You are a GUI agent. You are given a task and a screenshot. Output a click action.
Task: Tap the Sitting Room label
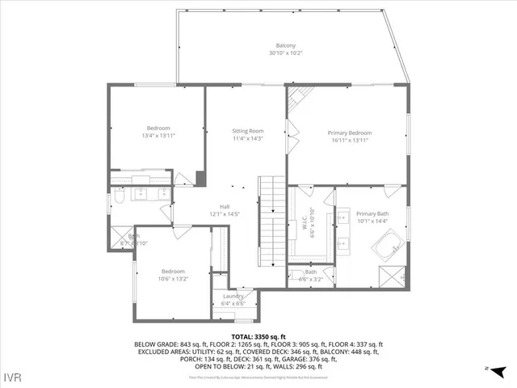248,130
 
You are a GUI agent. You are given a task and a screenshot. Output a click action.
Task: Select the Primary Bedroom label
349,133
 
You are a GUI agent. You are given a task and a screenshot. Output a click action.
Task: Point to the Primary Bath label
372,213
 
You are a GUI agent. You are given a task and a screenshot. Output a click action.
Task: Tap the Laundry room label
234,297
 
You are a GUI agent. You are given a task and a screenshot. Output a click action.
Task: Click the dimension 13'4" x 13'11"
158,136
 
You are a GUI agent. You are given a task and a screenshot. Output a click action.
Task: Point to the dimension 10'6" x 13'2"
173,279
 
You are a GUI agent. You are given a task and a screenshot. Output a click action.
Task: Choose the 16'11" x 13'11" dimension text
349,140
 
